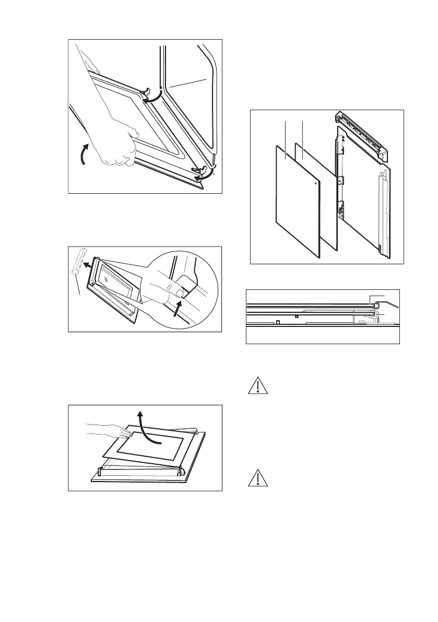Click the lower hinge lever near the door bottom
tap(197, 169)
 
